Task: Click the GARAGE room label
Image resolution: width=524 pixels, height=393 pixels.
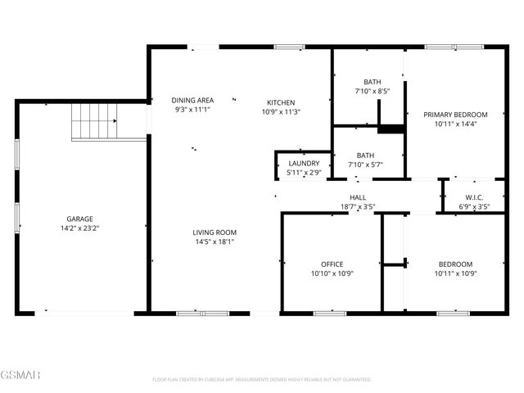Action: click(79, 219)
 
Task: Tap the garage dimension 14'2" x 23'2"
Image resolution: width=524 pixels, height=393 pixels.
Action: click(79, 229)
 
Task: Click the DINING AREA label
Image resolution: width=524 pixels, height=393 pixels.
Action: click(193, 101)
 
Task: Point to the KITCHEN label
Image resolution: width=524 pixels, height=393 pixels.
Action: click(281, 102)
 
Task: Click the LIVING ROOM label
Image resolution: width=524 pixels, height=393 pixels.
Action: click(215, 233)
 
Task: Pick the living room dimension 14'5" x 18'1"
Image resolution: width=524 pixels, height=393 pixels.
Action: click(215, 242)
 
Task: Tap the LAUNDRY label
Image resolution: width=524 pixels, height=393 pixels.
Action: click(304, 163)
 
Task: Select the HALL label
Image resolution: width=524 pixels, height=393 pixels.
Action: click(358, 197)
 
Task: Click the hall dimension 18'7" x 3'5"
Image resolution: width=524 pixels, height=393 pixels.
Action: click(358, 207)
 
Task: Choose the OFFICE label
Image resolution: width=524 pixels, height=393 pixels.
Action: click(332, 264)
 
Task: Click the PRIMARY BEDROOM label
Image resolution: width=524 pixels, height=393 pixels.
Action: click(455, 115)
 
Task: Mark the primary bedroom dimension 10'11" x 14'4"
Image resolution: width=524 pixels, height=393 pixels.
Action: click(455, 124)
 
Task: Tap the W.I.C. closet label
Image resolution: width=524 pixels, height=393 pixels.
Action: click(474, 197)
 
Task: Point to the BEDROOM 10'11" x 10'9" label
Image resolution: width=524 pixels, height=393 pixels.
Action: click(455, 264)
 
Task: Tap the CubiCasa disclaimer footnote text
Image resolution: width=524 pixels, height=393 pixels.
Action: click(262, 379)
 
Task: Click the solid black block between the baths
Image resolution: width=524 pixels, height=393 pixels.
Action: click(391, 129)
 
